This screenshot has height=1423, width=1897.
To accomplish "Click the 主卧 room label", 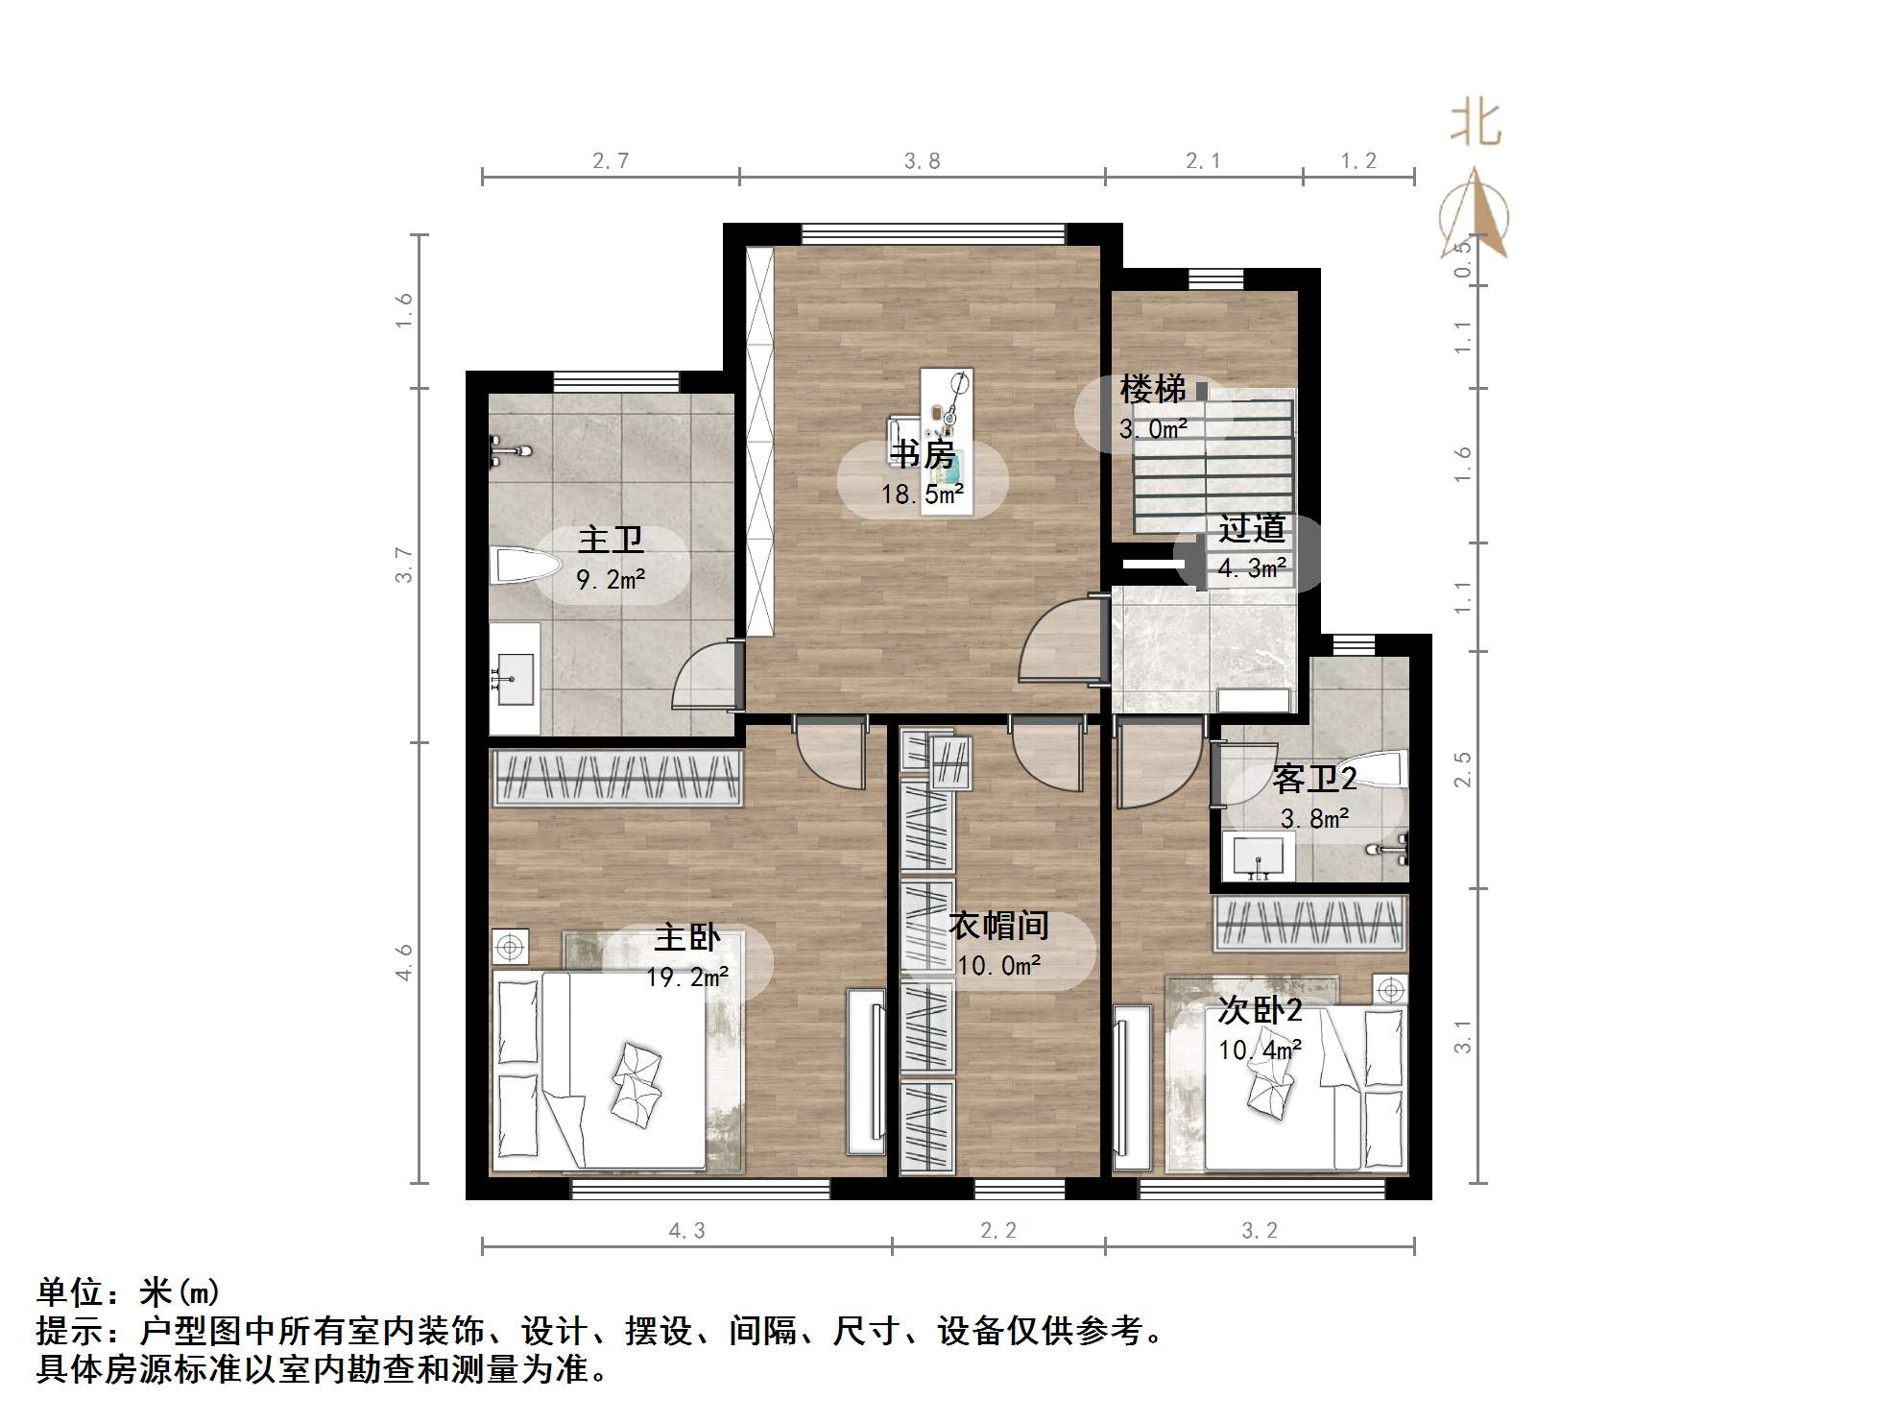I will coord(687,938).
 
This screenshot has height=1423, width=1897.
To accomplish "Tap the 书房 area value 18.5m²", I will coord(923,494).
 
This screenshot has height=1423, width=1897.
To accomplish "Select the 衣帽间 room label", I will coord(998,926).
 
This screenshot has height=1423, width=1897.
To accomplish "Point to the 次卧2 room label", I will coord(1260,1010).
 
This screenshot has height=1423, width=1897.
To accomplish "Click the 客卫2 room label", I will coord(1314,779).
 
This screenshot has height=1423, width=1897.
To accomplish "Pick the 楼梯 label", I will coord(1152,390).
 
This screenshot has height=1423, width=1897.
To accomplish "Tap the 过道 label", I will coord(1252,529).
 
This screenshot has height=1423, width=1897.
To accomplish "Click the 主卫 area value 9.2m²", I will coord(611,580).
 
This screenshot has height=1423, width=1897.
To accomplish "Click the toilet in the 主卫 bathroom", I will coord(523,566).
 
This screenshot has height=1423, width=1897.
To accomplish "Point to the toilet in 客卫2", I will coord(1385,769).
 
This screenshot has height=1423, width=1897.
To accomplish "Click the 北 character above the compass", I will coord(1476,125).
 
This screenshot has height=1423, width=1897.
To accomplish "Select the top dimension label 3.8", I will coord(922,161).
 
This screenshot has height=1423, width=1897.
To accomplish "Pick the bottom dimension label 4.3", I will coord(686,1231).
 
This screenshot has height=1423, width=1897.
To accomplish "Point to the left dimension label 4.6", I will coord(404,962).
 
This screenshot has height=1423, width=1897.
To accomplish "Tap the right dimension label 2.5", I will coord(1462,770).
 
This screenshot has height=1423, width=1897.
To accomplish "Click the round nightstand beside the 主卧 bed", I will coord(510,948).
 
